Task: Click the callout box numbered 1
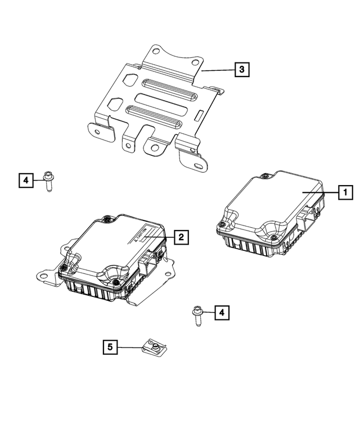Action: click(x=345, y=193)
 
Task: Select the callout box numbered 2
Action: click(x=180, y=237)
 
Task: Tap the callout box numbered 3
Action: click(x=241, y=70)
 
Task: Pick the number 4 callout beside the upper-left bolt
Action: click(x=25, y=180)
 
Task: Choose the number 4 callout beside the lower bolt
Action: click(x=223, y=312)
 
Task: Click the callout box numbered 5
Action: click(x=110, y=348)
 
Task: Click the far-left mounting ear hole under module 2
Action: click(x=42, y=277)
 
